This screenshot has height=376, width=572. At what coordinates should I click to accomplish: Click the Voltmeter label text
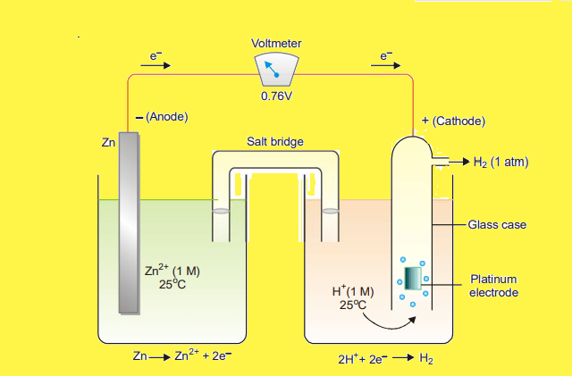[276, 43]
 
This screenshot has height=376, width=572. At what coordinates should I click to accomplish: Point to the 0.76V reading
[276, 96]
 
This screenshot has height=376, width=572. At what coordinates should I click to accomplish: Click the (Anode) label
[166, 118]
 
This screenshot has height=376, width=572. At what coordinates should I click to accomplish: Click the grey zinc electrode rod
[129, 223]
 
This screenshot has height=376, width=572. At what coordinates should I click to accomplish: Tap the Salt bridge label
[274, 142]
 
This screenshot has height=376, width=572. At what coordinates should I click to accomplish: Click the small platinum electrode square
[413, 278]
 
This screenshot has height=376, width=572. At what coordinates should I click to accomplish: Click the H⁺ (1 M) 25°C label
[353, 297]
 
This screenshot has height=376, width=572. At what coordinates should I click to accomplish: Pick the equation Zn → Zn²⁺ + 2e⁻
[182, 356]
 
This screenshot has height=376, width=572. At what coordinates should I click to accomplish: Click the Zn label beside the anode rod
[107, 142]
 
